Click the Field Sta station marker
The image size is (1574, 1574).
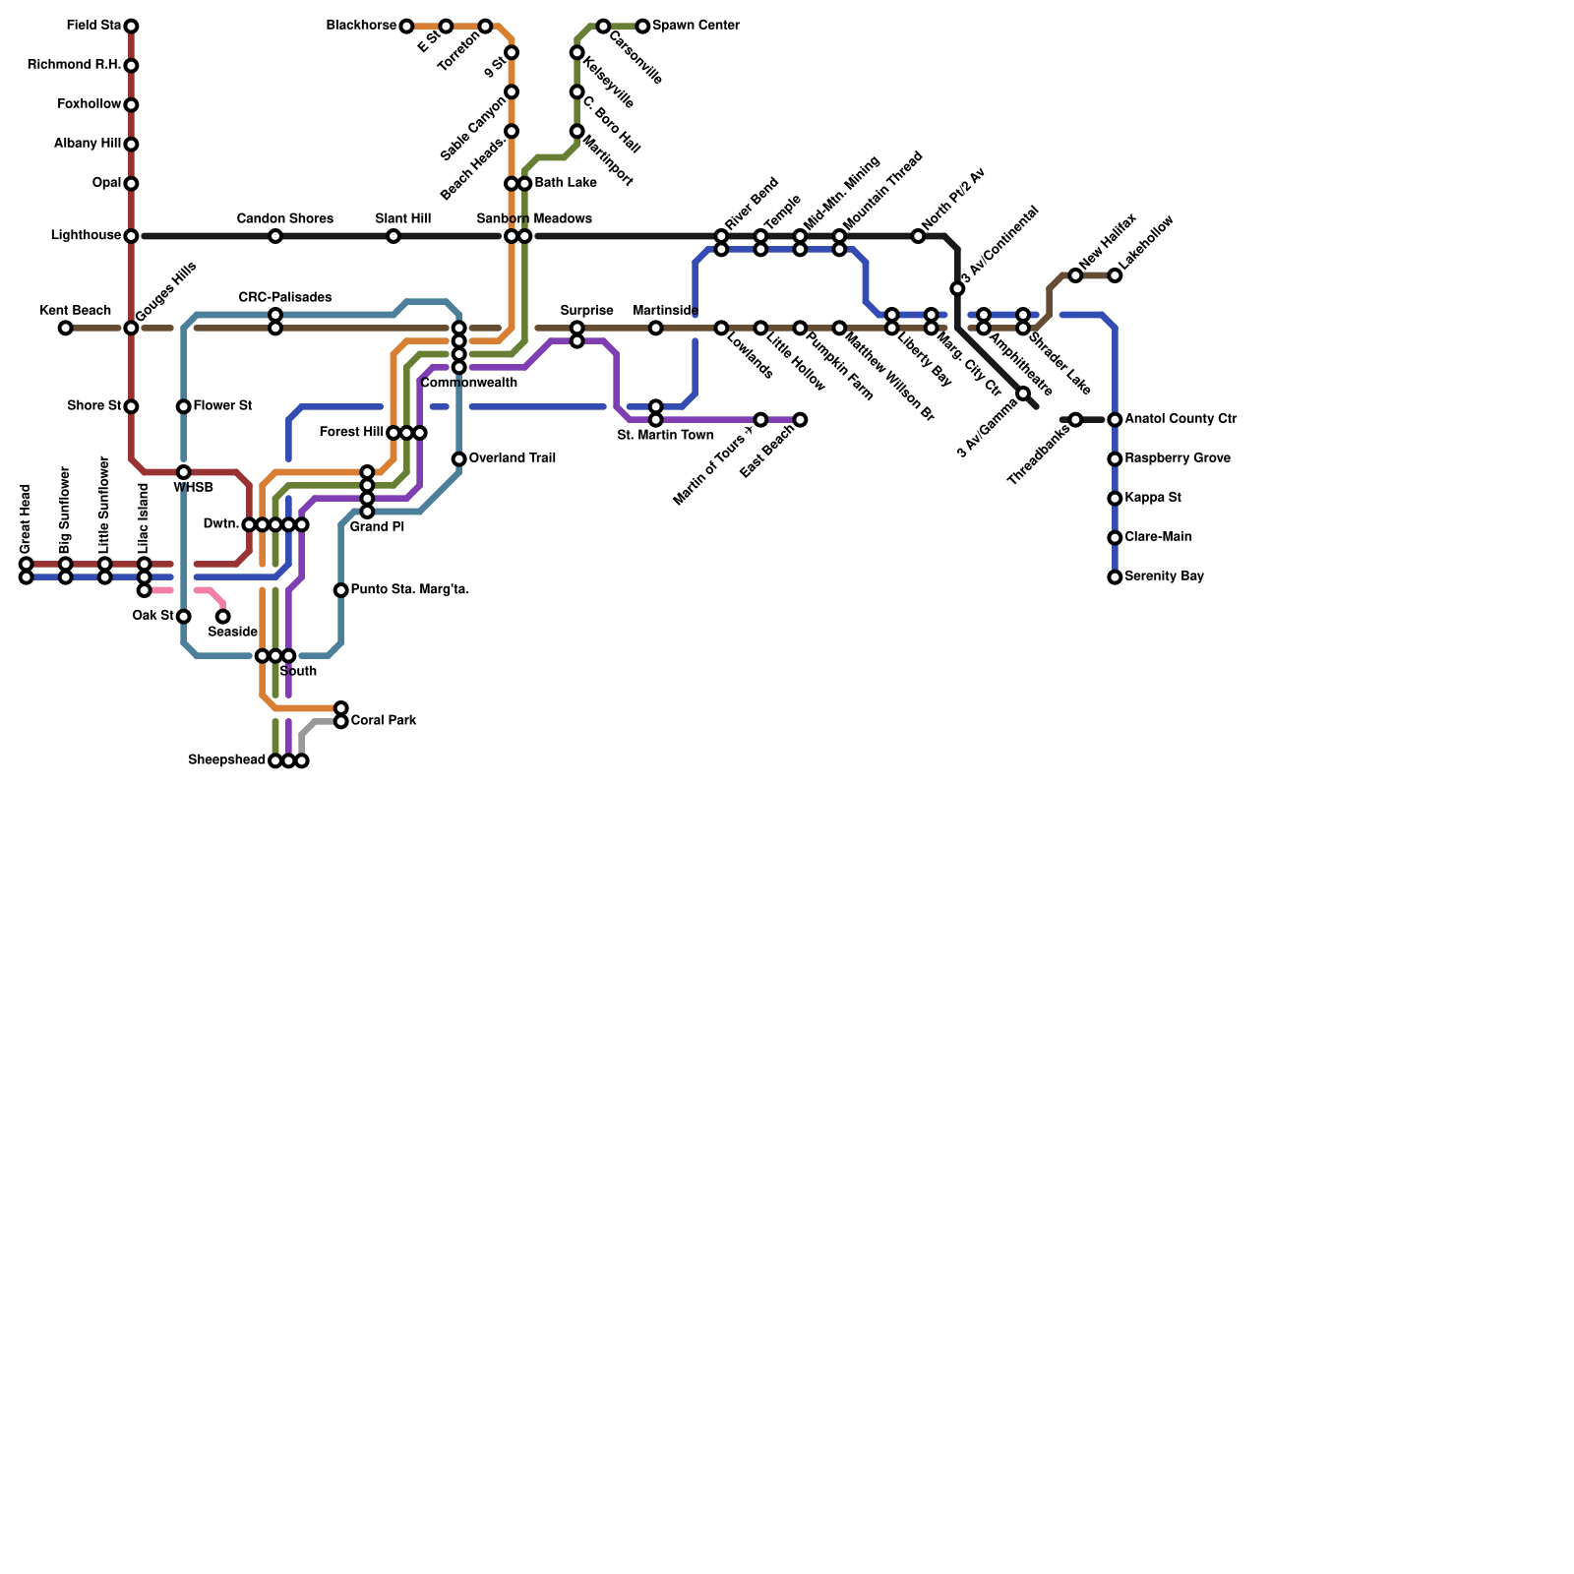(x=131, y=26)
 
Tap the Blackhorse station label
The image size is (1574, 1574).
(x=361, y=26)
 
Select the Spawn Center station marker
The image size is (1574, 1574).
(x=642, y=26)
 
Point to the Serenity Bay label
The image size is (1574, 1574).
(x=1164, y=576)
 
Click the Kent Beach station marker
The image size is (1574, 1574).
(x=65, y=328)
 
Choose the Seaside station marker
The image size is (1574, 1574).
(x=223, y=617)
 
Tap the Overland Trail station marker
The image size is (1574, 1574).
(x=459, y=459)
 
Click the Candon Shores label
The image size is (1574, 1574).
(x=284, y=218)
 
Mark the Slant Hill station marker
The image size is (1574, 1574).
(x=393, y=236)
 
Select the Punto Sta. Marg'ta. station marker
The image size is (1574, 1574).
(x=340, y=590)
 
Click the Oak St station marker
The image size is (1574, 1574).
(x=184, y=617)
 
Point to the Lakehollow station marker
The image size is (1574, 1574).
(x=1115, y=275)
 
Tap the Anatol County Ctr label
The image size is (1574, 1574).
(x=1180, y=419)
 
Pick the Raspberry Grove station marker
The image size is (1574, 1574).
(x=1115, y=459)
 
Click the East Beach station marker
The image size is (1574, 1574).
(x=800, y=420)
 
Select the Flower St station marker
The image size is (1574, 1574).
(x=184, y=406)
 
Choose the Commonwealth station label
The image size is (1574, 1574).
(x=468, y=383)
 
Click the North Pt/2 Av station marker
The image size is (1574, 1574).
(x=918, y=236)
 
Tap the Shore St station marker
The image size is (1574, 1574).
(x=131, y=406)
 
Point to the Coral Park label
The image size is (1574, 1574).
(x=383, y=721)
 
